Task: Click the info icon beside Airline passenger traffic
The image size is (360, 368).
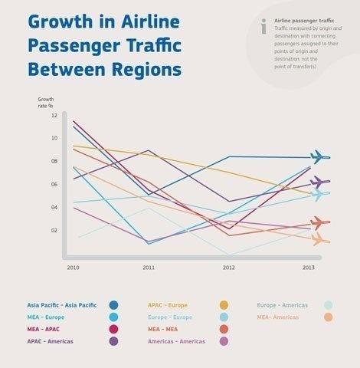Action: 263,26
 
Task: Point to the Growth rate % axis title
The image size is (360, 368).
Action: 46,102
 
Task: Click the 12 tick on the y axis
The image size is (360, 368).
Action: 54,115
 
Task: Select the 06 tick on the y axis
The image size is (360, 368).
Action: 54,184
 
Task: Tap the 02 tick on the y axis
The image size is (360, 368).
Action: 54,230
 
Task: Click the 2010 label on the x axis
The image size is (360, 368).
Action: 73,268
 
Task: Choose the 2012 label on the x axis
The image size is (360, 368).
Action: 228,268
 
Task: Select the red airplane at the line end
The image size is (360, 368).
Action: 319,222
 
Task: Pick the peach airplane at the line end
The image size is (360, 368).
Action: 319,240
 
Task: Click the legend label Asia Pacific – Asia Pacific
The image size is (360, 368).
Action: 62,305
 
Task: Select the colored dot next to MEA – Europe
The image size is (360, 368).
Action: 113,317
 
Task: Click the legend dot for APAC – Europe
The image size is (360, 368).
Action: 224,305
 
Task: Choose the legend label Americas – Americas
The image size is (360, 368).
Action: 176,340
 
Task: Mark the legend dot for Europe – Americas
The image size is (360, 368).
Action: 328,305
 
